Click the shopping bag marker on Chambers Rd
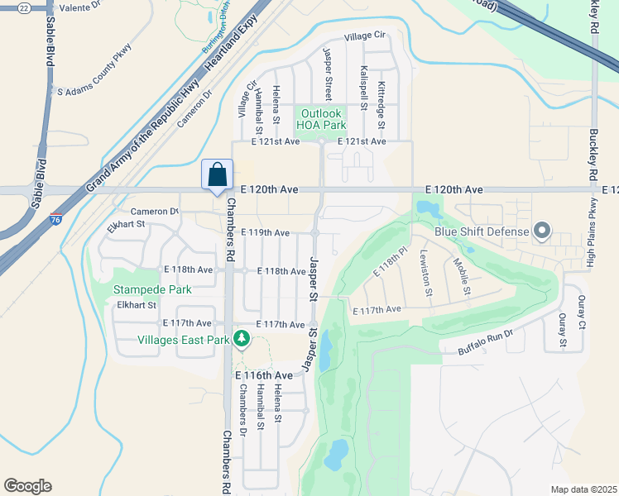coord(217,176)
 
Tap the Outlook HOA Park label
coord(322,119)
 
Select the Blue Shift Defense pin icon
coord(542,231)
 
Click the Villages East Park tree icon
coord(241,338)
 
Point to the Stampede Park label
coord(153,289)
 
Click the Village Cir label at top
coord(366,36)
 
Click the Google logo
coord(27,486)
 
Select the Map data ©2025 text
coord(583,489)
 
